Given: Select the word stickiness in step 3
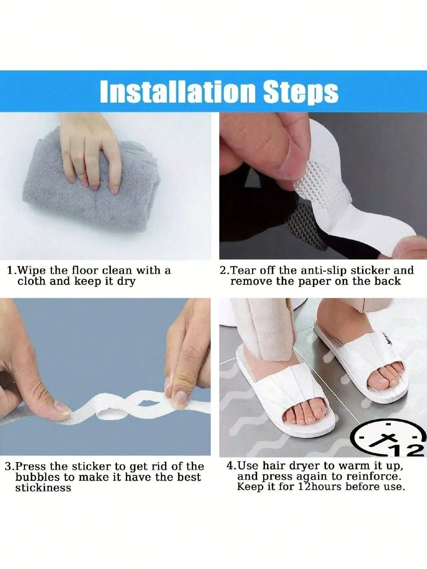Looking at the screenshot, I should click(x=43, y=488).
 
